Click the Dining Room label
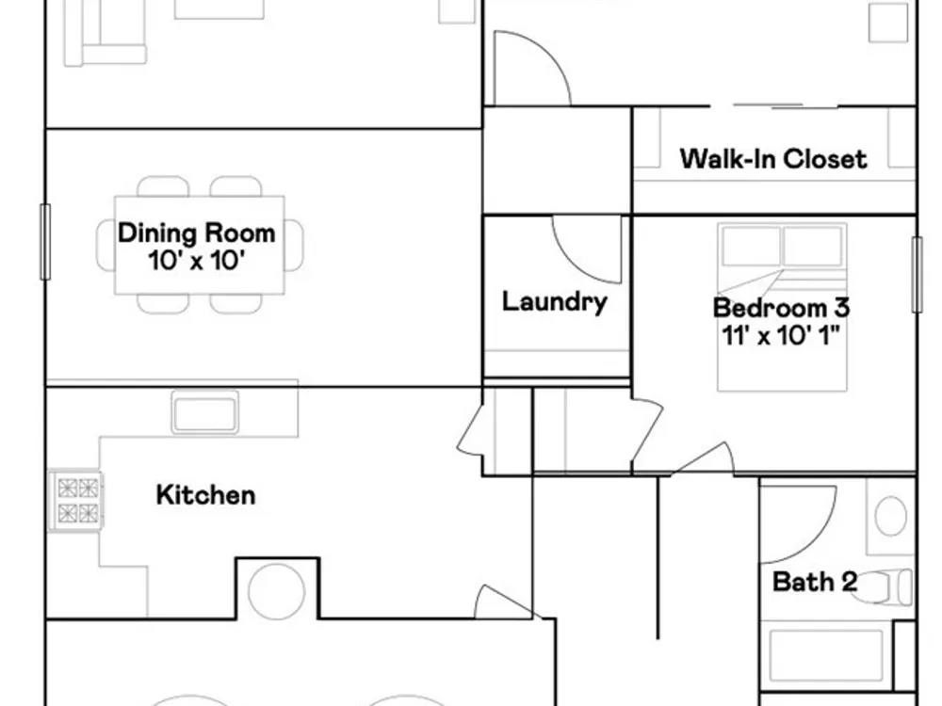(x=197, y=233)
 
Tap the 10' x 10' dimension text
(x=197, y=261)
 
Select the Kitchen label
(x=205, y=495)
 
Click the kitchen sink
(x=204, y=412)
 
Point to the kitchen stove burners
(x=77, y=501)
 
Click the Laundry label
(x=555, y=301)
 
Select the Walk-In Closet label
(x=773, y=159)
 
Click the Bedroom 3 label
(x=781, y=308)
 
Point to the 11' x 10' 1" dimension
(x=781, y=336)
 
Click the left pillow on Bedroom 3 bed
(x=751, y=246)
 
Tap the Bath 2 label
(x=814, y=582)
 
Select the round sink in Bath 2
(x=891, y=516)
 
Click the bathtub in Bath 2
(x=826, y=655)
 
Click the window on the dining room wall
(x=45, y=241)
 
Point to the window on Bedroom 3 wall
(x=917, y=274)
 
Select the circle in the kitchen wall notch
(x=276, y=591)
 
